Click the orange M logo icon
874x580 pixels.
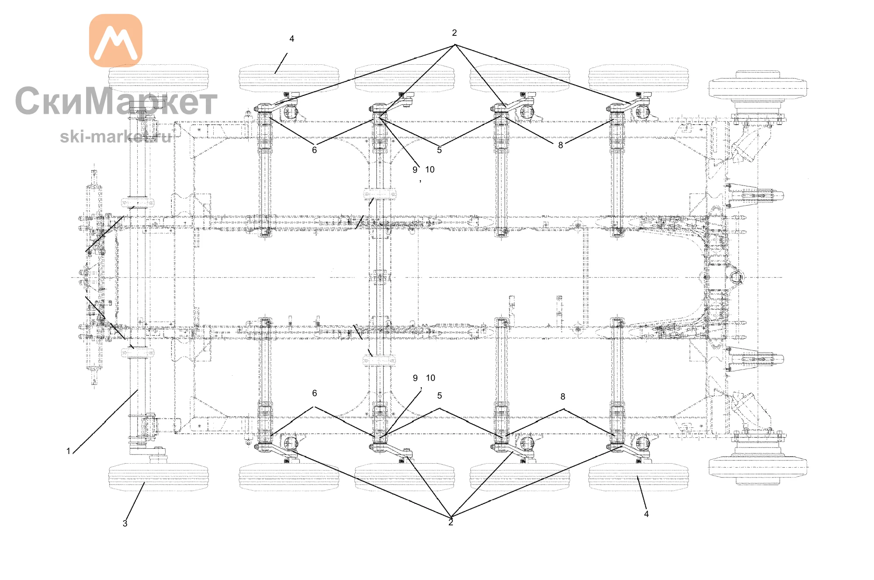coord(116,40)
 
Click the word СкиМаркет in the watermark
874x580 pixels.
coord(116,101)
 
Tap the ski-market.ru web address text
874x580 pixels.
coord(115,136)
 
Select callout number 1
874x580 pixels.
coord(68,451)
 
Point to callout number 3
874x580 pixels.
coord(125,523)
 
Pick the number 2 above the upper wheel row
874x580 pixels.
coord(454,33)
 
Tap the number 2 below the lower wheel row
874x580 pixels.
coord(451,522)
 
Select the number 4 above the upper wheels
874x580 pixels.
coord(292,39)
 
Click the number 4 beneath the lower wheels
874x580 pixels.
coord(646,514)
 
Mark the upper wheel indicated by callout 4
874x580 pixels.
coord(289,78)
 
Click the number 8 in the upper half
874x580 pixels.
coord(561,145)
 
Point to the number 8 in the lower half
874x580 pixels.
coord(563,397)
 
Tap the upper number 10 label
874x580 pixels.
coord(430,170)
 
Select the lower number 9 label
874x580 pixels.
coord(415,378)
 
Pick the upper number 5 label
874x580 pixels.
coord(439,150)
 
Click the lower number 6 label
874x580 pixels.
coord(314,393)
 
